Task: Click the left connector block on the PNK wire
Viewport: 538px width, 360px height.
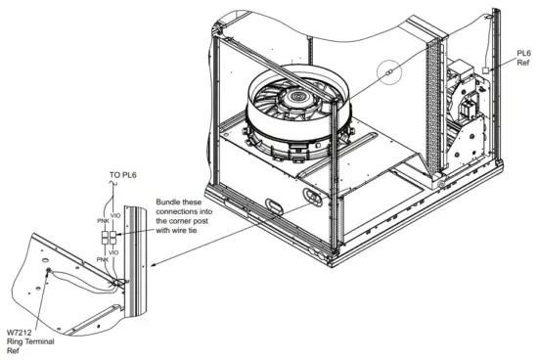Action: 107,239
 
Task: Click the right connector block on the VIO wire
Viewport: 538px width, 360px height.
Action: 115,239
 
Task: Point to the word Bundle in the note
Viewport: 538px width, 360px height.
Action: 171,204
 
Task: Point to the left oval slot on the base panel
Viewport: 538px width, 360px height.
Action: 273,206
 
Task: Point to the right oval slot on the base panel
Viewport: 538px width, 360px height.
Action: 312,198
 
